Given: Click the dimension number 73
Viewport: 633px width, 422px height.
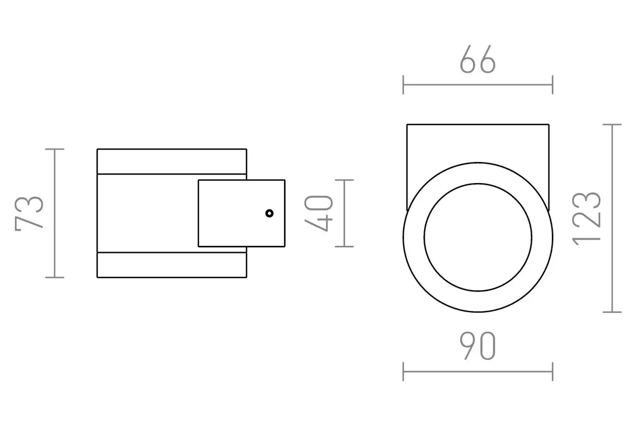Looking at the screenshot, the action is (30, 213).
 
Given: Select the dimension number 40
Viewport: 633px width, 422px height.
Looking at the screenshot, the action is (319, 213).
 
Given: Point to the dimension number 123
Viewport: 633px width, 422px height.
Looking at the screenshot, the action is (587, 218).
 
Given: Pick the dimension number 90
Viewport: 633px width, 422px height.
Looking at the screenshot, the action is (478, 346).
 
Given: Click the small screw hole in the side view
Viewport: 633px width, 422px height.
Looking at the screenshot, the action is (270, 213).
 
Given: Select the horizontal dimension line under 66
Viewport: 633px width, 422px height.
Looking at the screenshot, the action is (478, 84).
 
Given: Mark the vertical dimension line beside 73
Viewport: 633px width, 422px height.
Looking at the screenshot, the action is (54, 213).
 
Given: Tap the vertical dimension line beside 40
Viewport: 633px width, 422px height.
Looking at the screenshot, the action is (344, 213).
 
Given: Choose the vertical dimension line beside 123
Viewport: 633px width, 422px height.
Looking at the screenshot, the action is (612, 218).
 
